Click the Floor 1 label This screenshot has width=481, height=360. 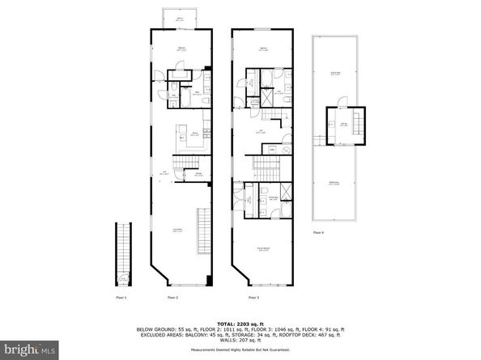[x=121, y=299]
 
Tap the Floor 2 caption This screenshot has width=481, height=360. [x=172, y=299]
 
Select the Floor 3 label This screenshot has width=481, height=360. [x=241, y=299]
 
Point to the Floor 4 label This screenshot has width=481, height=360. [x=318, y=233]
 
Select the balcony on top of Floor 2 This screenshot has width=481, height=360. [x=179, y=19]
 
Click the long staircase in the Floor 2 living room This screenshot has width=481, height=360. [x=203, y=230]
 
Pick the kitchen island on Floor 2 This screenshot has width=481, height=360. [x=183, y=138]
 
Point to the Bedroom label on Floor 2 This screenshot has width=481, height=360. [x=182, y=49]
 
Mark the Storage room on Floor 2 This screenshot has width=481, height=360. [x=198, y=173]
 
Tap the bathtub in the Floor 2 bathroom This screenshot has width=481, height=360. [x=185, y=98]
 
